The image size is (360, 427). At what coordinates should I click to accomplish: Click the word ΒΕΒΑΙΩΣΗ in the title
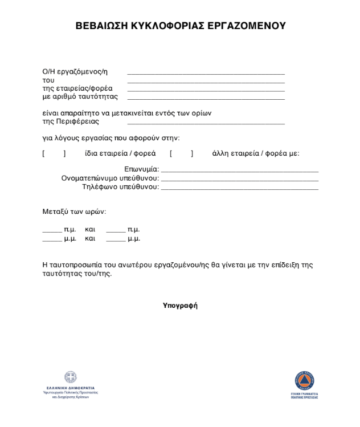(x=102, y=26)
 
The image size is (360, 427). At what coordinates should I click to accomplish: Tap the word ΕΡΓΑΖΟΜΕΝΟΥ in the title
(x=248, y=26)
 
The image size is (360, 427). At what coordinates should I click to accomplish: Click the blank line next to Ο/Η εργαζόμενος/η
(x=206, y=74)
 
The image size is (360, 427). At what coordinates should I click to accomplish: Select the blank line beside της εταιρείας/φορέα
(x=206, y=90)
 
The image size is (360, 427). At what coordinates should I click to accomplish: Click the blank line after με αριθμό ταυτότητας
(x=206, y=99)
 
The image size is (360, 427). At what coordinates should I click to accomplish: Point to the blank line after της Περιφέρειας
(x=206, y=123)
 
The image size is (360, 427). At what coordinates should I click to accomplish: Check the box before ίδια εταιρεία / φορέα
(x=54, y=153)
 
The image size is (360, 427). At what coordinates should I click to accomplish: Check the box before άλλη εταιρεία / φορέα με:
(x=181, y=153)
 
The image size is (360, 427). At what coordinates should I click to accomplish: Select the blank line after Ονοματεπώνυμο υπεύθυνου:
(x=239, y=180)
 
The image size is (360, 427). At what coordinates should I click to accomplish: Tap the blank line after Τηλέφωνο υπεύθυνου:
(x=239, y=188)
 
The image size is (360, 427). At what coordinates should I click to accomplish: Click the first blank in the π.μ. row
(x=52, y=231)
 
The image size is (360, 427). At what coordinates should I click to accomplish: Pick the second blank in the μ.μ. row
(x=116, y=240)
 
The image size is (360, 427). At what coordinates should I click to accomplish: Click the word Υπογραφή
(x=180, y=306)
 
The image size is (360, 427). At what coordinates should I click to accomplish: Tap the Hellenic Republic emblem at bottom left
(x=71, y=377)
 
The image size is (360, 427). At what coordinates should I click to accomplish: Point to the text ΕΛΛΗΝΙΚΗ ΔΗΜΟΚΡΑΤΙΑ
(x=71, y=388)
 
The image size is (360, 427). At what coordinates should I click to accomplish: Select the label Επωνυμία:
(x=141, y=170)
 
